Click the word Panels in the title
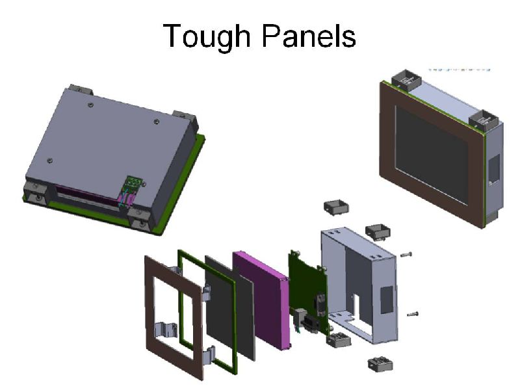click(x=309, y=36)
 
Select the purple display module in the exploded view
click(x=261, y=300)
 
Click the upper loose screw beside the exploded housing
click(x=406, y=255)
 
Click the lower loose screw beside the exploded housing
click(x=413, y=314)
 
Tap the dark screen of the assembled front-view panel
click(x=432, y=154)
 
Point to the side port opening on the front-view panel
click(x=494, y=169)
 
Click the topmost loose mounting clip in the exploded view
click(x=336, y=207)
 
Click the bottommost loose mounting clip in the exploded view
click(x=380, y=364)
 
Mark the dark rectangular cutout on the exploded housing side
click(x=386, y=300)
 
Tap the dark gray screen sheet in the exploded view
click(x=230, y=307)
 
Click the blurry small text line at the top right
click(x=460, y=70)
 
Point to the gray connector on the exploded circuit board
click(x=300, y=315)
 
